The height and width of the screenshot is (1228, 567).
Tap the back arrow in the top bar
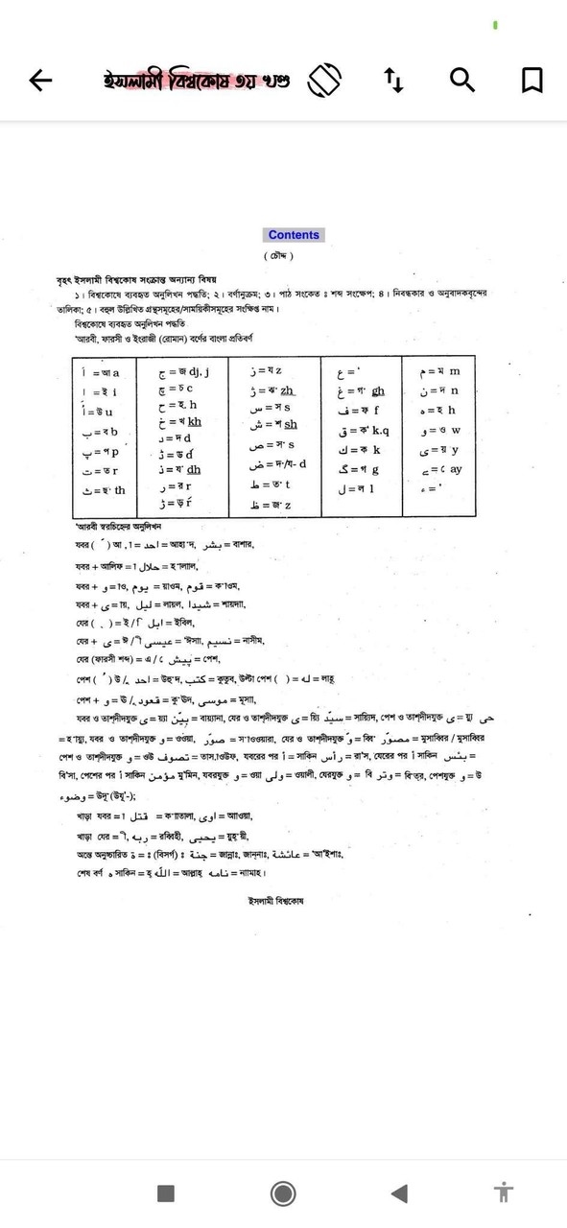pos(40,81)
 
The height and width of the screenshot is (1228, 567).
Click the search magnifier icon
pos(462,81)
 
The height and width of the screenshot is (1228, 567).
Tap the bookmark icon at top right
pos(532,81)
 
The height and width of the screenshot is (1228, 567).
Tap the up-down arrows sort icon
pos(394,81)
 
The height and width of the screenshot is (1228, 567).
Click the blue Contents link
pos(294,235)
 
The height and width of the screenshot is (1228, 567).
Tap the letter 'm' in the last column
pos(455,371)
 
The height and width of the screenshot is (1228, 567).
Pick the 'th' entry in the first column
pos(119,490)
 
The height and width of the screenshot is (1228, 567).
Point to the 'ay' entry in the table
pos(456,469)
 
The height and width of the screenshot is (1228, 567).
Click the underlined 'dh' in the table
pos(194,469)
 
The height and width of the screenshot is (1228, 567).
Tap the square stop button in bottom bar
pos(166,1193)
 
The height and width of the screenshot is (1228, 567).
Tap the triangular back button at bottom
pos(399,1193)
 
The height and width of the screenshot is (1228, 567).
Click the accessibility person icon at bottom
pos(504,1193)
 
